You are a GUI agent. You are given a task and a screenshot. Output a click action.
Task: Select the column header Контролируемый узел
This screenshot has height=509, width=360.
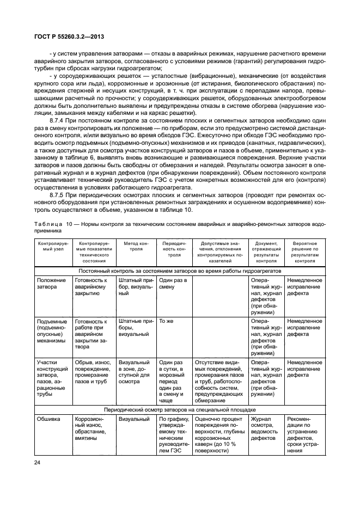click(53, 249)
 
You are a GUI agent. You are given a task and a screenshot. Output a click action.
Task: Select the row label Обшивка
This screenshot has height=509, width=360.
click(49, 419)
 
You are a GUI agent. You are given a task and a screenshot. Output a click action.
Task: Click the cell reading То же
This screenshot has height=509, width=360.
click(166, 321)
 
